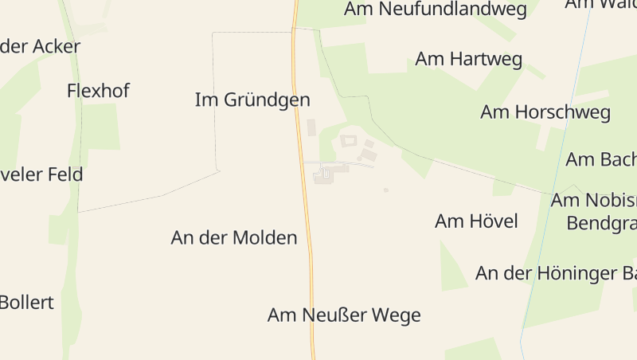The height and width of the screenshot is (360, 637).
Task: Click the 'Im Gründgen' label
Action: click(x=252, y=100)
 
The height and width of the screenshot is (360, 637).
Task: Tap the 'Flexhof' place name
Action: click(x=98, y=90)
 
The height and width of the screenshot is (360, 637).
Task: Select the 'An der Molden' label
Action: click(x=234, y=237)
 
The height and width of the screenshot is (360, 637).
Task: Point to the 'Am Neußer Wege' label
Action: click(x=344, y=315)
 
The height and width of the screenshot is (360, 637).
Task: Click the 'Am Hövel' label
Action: click(x=476, y=221)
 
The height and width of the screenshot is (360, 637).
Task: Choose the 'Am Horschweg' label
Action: click(x=545, y=112)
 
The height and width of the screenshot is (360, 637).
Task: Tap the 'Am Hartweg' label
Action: click(x=469, y=59)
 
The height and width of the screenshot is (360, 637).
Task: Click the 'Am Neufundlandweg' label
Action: click(x=436, y=10)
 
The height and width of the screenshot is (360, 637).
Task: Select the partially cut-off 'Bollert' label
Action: click(x=26, y=303)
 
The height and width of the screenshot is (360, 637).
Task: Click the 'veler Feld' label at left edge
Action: click(x=41, y=174)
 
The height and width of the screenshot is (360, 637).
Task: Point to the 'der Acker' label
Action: click(x=40, y=46)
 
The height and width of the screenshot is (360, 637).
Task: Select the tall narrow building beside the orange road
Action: click(x=311, y=127)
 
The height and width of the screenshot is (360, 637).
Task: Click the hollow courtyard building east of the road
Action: click(x=348, y=141)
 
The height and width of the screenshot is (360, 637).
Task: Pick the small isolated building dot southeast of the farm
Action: click(x=386, y=190)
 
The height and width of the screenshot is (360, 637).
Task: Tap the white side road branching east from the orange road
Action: click(x=350, y=163)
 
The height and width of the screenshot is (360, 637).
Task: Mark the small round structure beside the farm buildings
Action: click(x=359, y=158)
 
